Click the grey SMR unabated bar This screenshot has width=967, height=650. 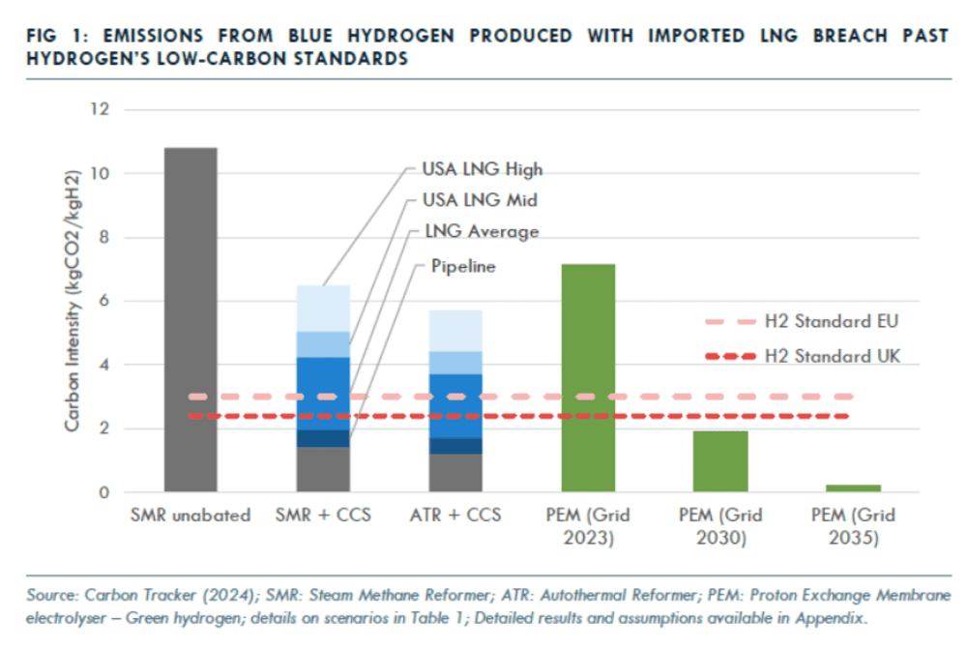click(x=190, y=319)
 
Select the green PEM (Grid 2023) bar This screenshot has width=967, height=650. click(x=587, y=377)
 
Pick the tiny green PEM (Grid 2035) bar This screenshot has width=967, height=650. click(x=852, y=488)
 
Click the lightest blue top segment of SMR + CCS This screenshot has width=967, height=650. click(x=322, y=308)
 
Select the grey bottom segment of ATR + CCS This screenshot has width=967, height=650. click(x=454, y=473)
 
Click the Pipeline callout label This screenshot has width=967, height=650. click(x=463, y=266)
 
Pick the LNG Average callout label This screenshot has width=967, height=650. click(x=480, y=232)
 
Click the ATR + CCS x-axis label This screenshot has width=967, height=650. click(x=454, y=516)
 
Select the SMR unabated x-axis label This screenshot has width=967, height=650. click(x=190, y=516)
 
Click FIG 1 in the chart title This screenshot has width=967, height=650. click(x=54, y=36)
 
